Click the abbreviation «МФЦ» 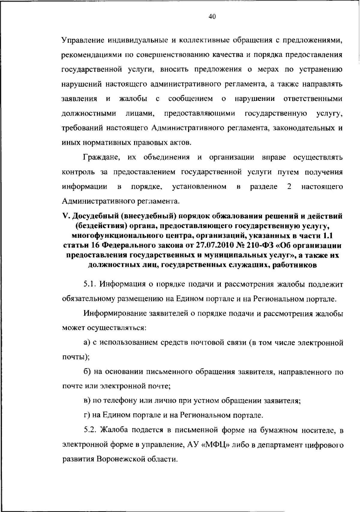216,445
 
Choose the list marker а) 87,343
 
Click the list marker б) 87,372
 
